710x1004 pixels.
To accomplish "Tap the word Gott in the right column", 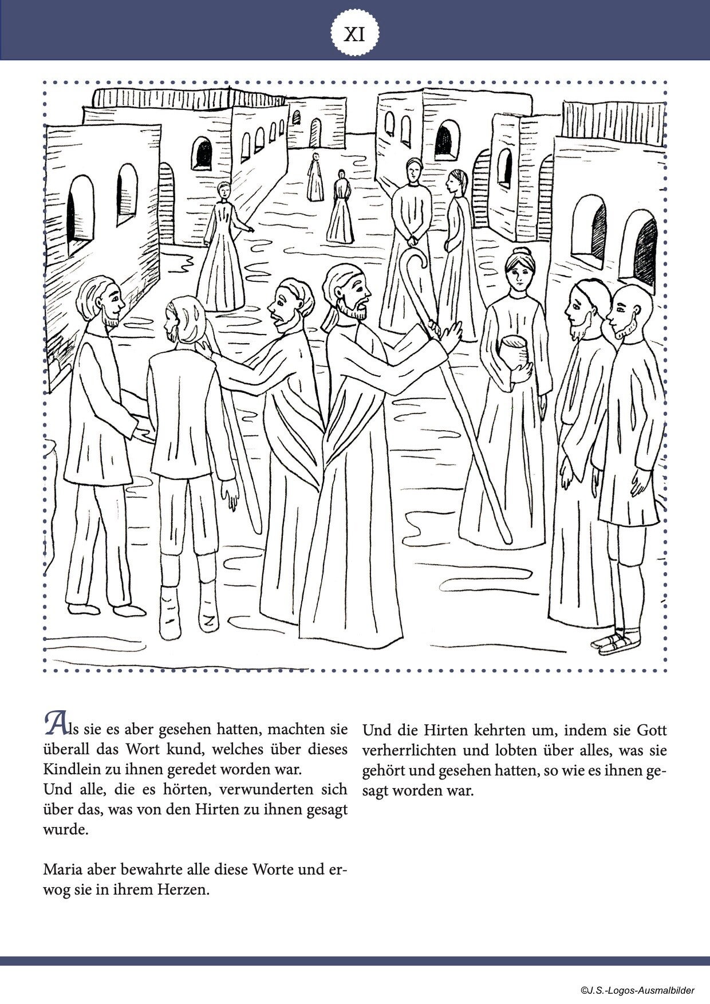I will click(652, 731).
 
